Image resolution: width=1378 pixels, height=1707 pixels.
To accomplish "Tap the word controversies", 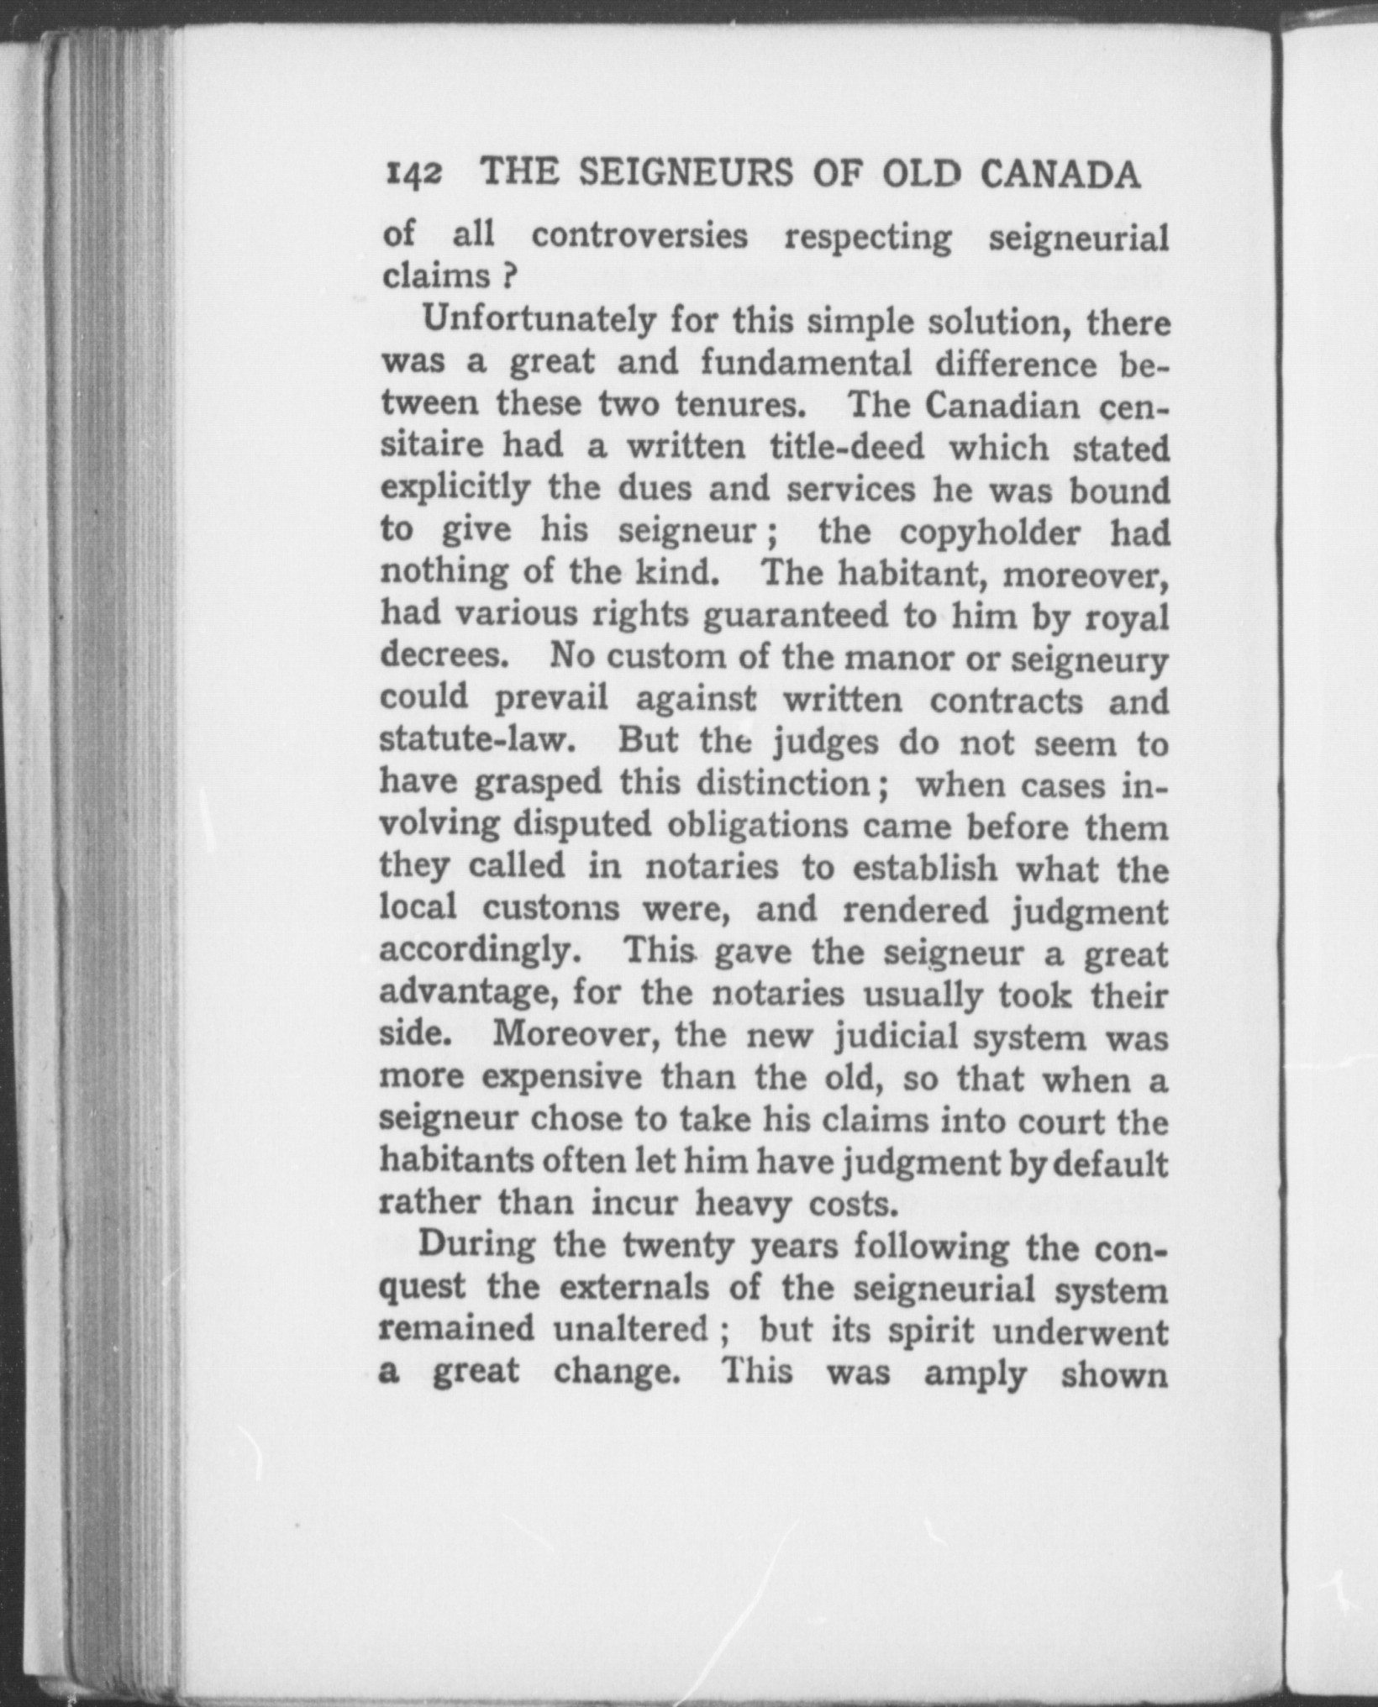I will [639, 237].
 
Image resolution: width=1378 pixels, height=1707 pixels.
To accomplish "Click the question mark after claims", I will [507, 276].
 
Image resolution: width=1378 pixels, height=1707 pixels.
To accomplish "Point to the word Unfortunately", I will [539, 320].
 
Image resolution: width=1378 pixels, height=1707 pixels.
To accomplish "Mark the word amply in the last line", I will [976, 1373].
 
